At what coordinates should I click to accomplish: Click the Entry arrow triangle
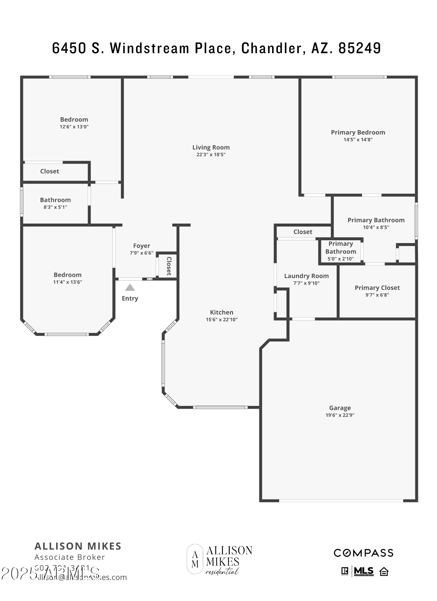(130, 288)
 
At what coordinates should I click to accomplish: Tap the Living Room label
(211, 147)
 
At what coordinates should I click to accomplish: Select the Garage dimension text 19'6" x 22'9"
(340, 415)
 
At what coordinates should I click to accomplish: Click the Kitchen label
(221, 312)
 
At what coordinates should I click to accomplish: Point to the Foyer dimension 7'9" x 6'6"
(141, 253)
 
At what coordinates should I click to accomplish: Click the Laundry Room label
(306, 276)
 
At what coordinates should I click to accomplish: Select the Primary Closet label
(377, 288)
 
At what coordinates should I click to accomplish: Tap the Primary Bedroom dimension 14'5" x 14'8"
(358, 139)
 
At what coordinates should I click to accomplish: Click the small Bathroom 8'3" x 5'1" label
(55, 200)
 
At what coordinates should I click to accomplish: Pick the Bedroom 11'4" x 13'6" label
(68, 275)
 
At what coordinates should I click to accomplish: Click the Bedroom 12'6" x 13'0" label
(74, 120)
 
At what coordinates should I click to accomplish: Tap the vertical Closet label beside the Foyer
(169, 266)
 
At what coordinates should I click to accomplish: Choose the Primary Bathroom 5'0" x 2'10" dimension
(340, 259)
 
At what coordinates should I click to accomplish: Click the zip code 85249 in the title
(360, 48)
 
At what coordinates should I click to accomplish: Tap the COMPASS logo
(363, 553)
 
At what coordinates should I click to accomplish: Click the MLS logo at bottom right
(363, 571)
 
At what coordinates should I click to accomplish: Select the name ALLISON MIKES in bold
(78, 546)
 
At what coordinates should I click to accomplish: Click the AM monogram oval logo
(195, 559)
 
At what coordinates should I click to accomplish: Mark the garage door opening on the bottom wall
(341, 501)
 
